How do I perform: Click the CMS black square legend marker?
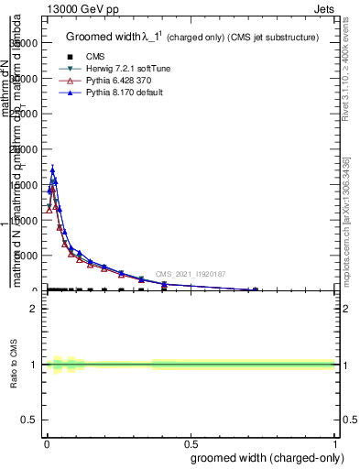pyautogui.click(x=69, y=56)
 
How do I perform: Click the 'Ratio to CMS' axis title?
pyautogui.click(x=14, y=365)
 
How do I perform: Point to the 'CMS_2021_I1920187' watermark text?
pyautogui.click(x=191, y=274)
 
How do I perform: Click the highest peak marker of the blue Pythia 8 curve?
pyautogui.click(x=52, y=169)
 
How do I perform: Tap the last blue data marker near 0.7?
pyautogui.click(x=255, y=289)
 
